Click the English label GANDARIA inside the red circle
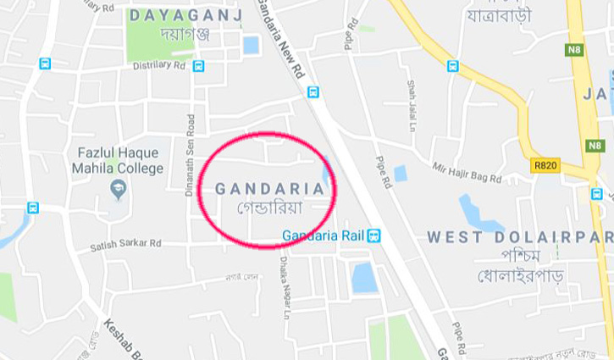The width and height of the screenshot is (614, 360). click(x=269, y=188)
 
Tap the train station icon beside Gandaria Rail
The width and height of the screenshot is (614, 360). click(x=374, y=235)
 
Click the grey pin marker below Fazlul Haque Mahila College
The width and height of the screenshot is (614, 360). click(x=118, y=188)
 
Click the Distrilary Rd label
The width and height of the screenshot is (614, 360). click(x=159, y=65)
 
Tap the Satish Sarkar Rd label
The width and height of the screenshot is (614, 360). click(x=125, y=244)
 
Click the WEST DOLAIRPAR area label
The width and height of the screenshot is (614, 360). click(x=519, y=237)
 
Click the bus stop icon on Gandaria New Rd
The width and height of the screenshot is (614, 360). click(x=313, y=92)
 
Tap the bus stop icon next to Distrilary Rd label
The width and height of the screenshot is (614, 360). click(x=198, y=65)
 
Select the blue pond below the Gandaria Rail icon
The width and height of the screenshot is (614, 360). click(x=364, y=277)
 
